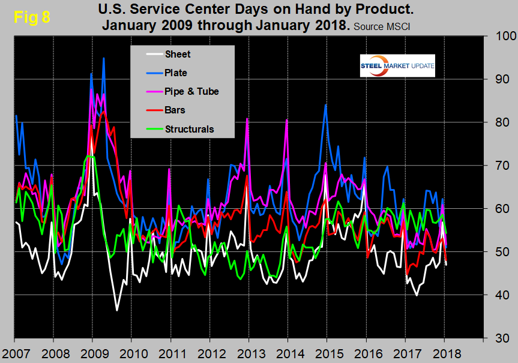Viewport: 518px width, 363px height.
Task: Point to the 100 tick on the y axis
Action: (x=500, y=36)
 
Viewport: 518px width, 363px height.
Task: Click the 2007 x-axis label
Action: (x=14, y=352)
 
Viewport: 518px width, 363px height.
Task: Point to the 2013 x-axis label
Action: (x=249, y=352)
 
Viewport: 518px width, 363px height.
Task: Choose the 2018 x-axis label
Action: (x=445, y=352)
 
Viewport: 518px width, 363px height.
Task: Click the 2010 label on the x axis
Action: (x=131, y=352)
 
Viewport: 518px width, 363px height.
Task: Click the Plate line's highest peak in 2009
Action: (x=104, y=58)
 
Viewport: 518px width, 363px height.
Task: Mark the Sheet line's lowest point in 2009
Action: (x=117, y=310)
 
